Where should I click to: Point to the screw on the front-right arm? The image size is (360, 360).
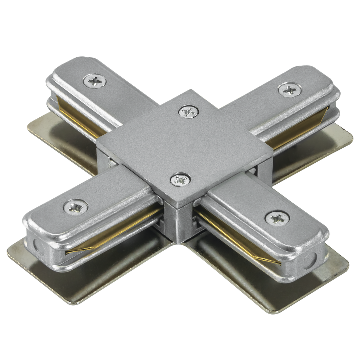pos(277,218)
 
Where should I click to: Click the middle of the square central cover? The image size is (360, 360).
pos(184,144)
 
